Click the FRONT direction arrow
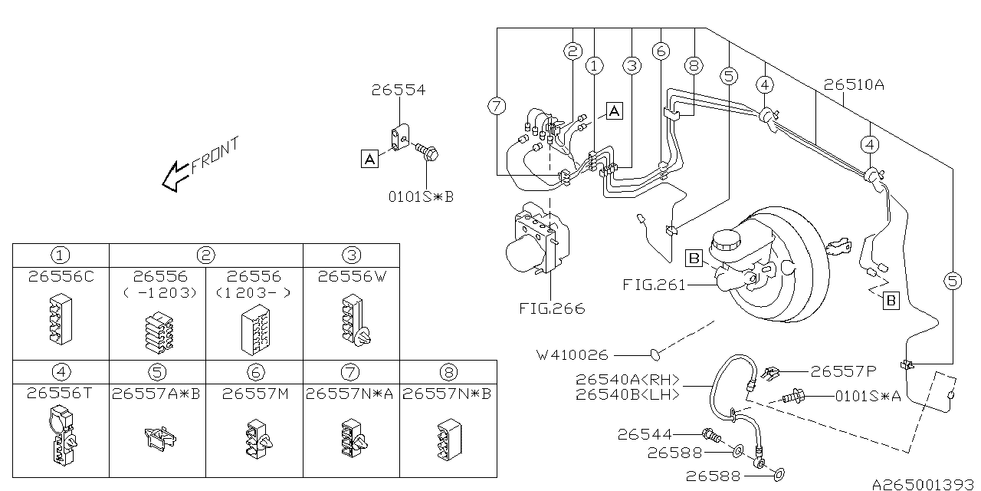coord(176,176)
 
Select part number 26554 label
coord(399,90)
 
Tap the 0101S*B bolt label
coord(422,197)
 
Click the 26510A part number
coord(854,84)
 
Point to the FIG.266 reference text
coord(552,308)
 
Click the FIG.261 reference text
coord(654,285)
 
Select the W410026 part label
coord(573,354)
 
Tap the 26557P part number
coord(844,372)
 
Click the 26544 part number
coord(645,434)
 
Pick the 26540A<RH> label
coord(628,379)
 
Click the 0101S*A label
coord(868,397)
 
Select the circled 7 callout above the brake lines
coord(497,106)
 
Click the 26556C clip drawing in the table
coord(61,318)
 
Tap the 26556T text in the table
coord(60,394)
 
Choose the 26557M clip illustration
coord(258,440)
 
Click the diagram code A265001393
coord(924,484)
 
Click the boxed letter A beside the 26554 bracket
coord(369,159)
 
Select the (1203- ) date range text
coord(254,292)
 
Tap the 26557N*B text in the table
coord(447,394)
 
